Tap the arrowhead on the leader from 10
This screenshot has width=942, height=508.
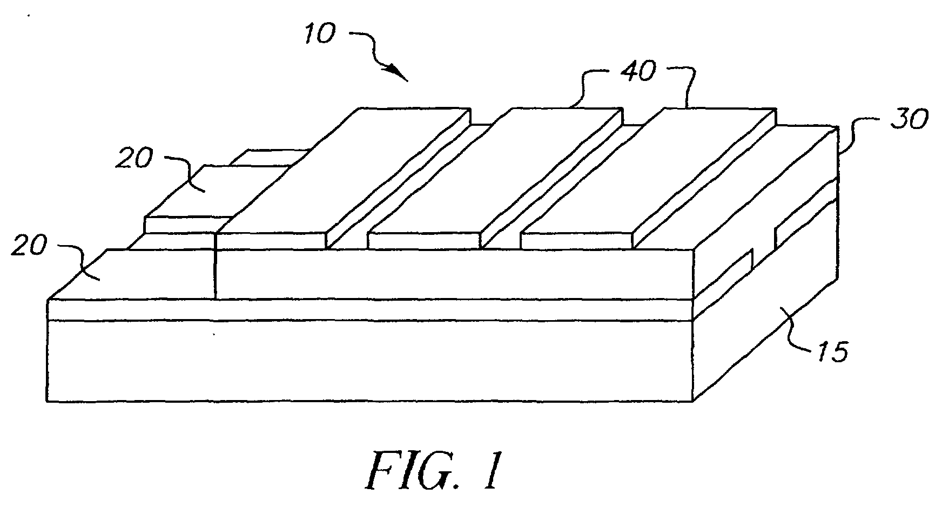399,72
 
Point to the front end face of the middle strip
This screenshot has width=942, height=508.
424,241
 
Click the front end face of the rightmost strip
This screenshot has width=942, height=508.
576,241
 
